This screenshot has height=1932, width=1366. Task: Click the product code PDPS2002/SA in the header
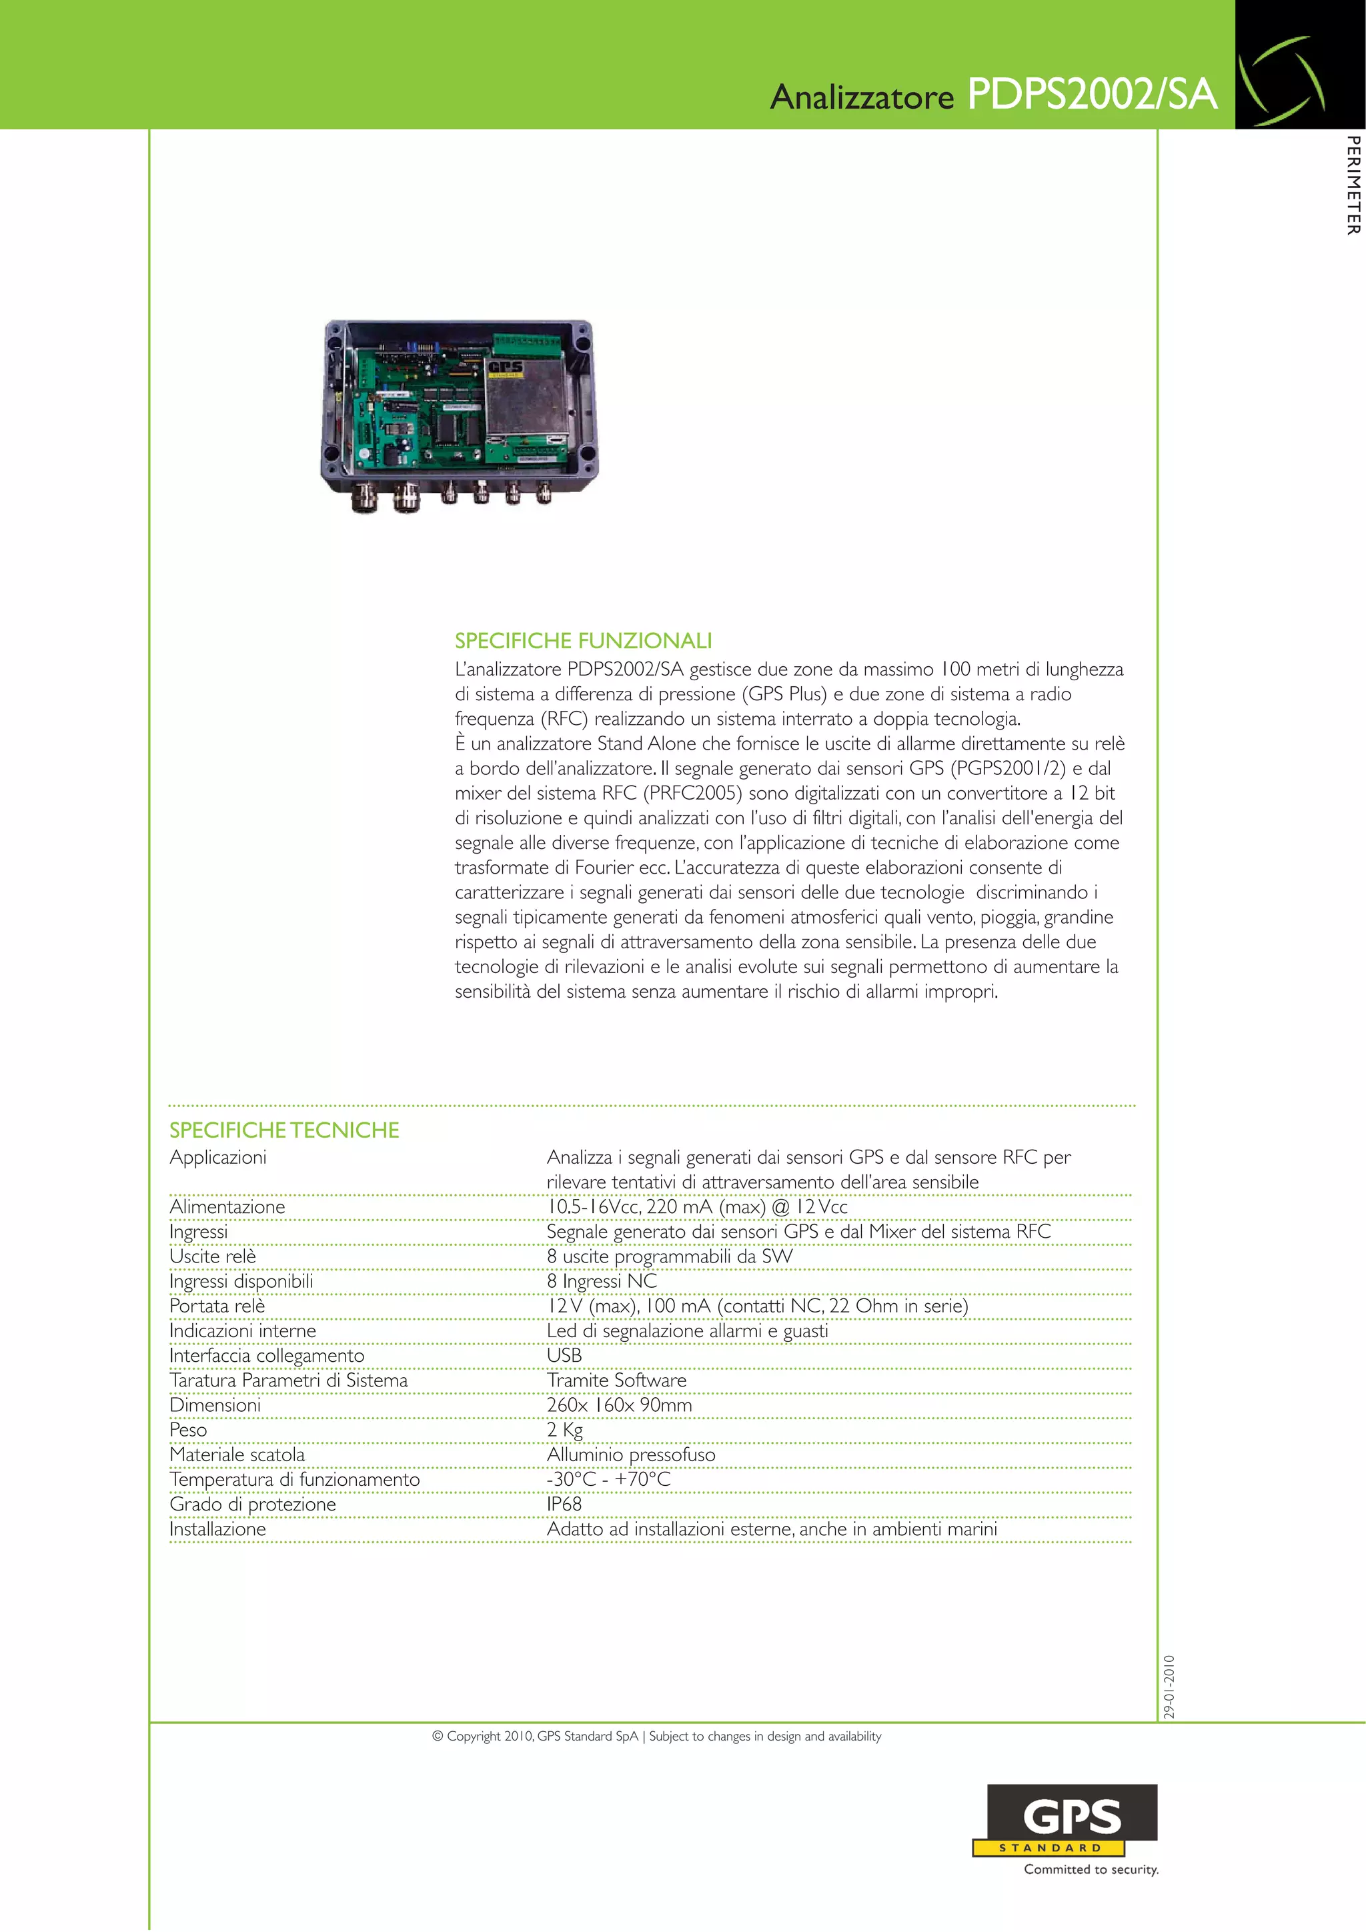click(1092, 94)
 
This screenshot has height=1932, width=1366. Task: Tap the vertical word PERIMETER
click(1352, 185)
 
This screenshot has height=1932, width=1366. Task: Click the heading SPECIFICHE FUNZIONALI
click(583, 641)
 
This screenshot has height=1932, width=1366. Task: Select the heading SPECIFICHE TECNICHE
click(285, 1130)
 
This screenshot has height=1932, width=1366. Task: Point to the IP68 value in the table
click(564, 1504)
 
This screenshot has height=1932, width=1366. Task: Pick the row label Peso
click(189, 1430)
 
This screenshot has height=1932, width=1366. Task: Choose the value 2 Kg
click(565, 1430)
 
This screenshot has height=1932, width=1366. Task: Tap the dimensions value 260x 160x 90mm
click(620, 1405)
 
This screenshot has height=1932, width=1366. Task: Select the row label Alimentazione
click(227, 1206)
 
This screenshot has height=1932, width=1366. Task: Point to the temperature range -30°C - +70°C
click(608, 1479)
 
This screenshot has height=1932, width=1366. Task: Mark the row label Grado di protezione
click(253, 1505)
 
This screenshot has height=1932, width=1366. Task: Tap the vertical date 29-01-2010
click(1168, 1687)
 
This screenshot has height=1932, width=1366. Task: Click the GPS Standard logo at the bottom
click(1067, 1821)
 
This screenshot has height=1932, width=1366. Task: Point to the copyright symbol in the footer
click(438, 1737)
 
